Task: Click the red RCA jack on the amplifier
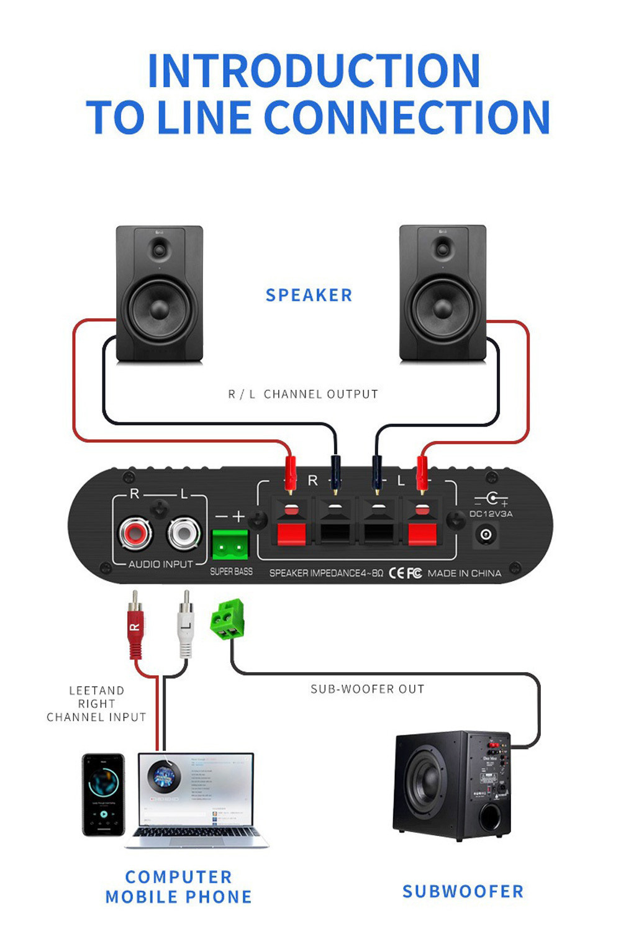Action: [136, 533]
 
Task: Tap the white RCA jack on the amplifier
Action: [184, 533]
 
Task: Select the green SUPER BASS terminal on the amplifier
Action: [230, 545]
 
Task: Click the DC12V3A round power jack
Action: [486, 534]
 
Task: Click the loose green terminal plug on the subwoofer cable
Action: [227, 619]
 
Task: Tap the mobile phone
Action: [103, 794]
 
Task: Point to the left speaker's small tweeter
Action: [160, 250]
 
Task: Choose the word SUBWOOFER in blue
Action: [463, 891]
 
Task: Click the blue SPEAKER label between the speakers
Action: [309, 295]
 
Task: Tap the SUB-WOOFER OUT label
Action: [367, 689]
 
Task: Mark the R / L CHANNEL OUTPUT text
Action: [303, 394]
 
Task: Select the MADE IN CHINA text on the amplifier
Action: [464, 573]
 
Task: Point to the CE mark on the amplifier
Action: [396, 573]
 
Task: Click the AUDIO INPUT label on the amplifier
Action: [160, 564]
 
